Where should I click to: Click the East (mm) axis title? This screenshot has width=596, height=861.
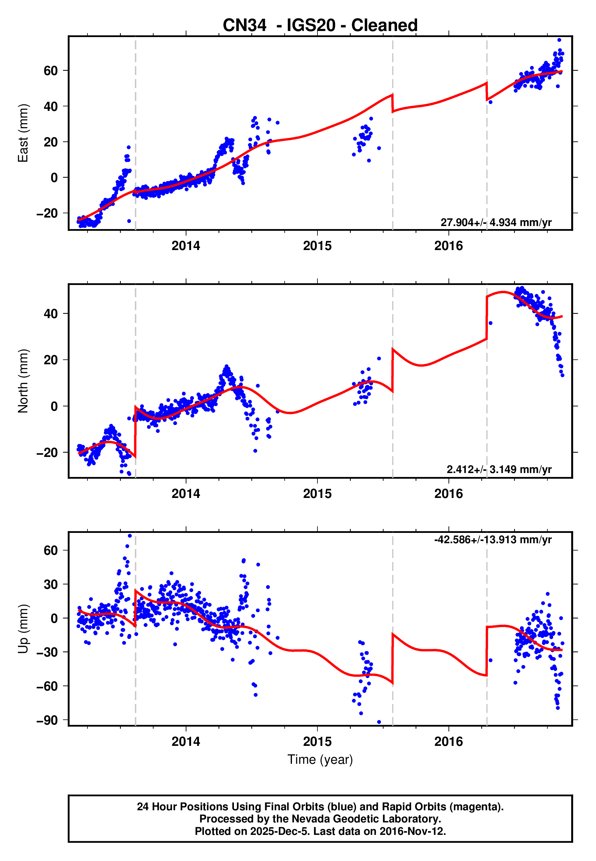coord(23,133)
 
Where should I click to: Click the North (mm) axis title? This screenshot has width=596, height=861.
coord(23,381)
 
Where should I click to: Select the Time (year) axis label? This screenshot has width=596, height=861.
coord(320,760)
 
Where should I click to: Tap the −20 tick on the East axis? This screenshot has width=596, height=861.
coord(47,213)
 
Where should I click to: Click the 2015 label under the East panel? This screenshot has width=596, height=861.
coord(317,246)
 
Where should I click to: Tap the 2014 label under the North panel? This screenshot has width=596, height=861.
coord(186,494)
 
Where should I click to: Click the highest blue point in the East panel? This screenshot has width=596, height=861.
coord(559,40)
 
